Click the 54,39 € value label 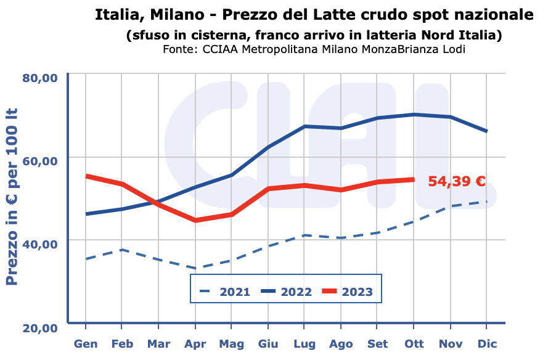457,181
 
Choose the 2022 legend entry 287,292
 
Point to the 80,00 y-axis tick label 40,78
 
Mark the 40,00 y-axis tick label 40,243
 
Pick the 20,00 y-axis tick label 40,327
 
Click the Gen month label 85,343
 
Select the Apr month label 195,343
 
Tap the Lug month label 305,343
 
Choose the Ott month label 414,343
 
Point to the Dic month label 487,343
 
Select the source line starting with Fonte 314,49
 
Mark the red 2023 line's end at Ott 414,179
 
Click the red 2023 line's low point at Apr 195,220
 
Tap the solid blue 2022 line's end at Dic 487,131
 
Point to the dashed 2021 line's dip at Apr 195,268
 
